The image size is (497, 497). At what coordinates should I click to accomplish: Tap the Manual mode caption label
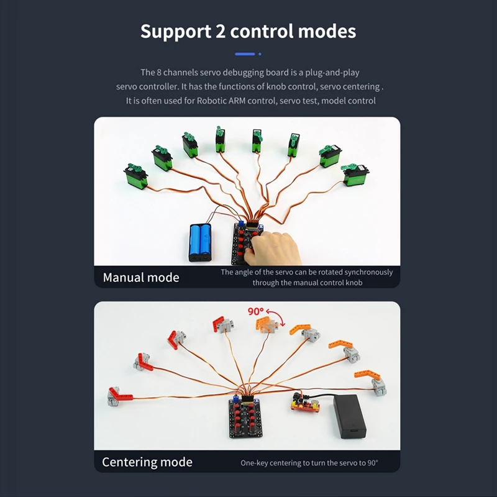tap(141, 277)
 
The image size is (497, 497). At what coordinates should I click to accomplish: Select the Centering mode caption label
tap(147, 462)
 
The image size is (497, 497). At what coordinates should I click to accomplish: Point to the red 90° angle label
tap(256, 311)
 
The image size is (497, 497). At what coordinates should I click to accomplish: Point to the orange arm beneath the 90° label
tap(267, 324)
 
